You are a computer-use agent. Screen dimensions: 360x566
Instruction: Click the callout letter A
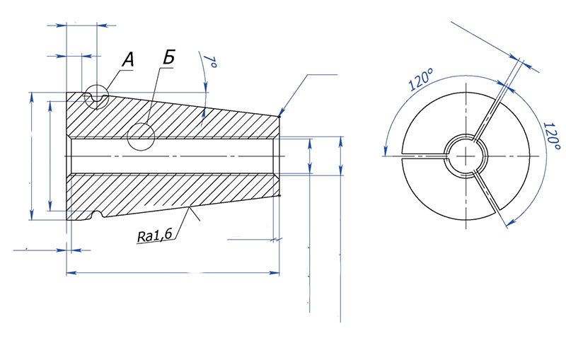coord(127,60)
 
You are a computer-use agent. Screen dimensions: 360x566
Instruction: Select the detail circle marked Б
coord(141,137)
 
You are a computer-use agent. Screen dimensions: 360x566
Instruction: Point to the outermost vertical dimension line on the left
coord(31,156)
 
